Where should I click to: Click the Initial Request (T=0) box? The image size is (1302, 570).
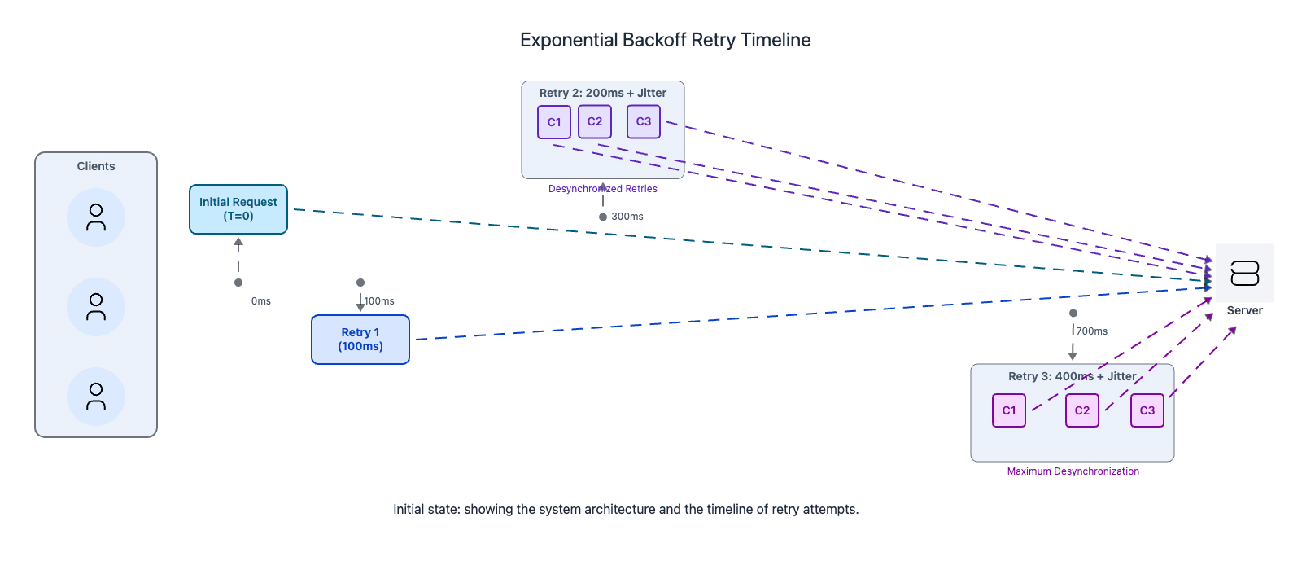(238, 209)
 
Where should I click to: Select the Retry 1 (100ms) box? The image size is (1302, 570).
(360, 340)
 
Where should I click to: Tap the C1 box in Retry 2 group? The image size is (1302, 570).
(554, 122)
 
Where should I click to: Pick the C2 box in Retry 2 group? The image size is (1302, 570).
(595, 121)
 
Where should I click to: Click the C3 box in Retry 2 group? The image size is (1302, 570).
(644, 121)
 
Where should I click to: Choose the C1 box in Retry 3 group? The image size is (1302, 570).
(1009, 410)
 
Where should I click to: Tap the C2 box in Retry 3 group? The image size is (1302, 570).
(1082, 410)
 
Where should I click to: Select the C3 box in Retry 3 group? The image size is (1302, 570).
(1147, 410)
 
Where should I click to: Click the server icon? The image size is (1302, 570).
(1245, 274)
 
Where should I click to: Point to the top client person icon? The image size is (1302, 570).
(96, 217)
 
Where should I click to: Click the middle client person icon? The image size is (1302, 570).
(96, 307)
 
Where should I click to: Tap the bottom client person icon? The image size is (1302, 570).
(96, 397)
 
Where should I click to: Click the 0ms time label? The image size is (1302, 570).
(261, 301)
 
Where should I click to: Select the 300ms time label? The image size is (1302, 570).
(627, 217)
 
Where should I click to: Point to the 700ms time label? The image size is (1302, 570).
(1092, 331)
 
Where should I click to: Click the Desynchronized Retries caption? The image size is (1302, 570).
(603, 189)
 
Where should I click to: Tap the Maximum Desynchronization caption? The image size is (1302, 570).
(1073, 471)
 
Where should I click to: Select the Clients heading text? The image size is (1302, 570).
(96, 166)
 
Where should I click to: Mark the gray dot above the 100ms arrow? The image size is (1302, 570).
(360, 283)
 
